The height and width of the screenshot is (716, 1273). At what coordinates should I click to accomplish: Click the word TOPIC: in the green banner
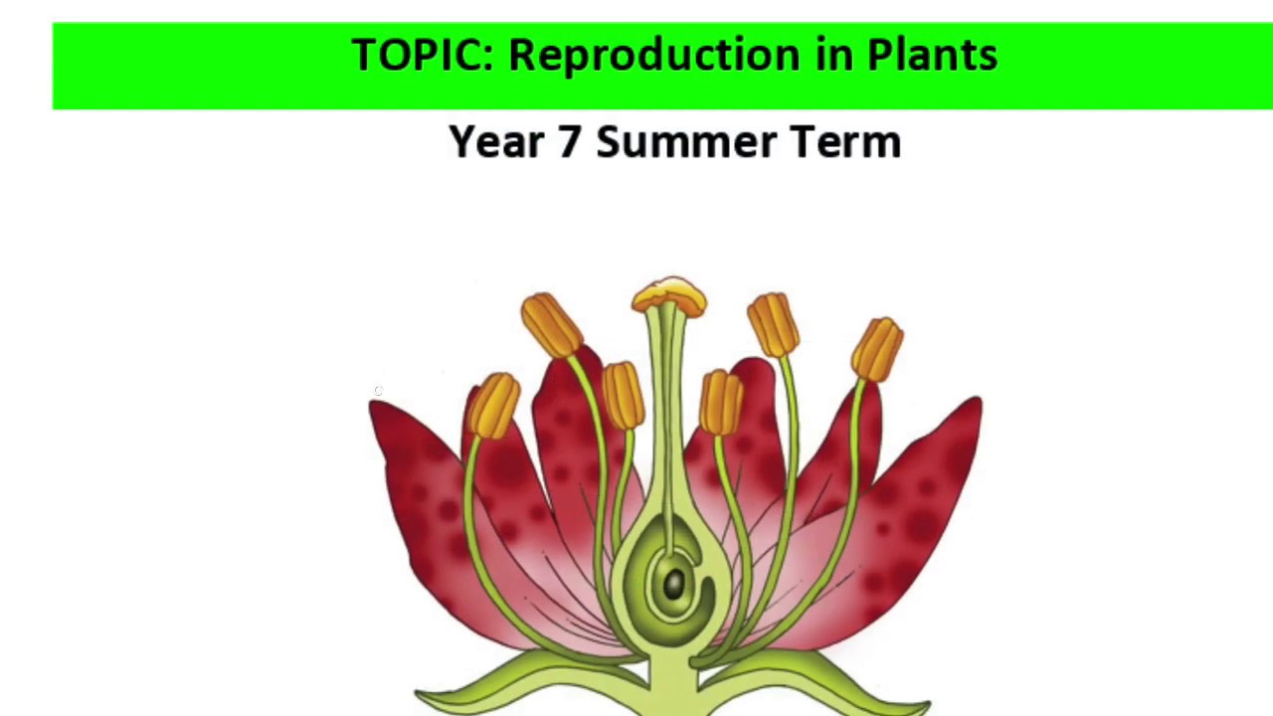[x=422, y=55]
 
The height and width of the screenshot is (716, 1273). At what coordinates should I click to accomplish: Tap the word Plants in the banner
[x=932, y=55]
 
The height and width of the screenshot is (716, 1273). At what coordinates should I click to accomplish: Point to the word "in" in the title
[x=835, y=55]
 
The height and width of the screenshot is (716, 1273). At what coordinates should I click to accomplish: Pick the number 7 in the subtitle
[x=568, y=142]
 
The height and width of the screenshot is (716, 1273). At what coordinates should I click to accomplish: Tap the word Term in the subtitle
[x=845, y=142]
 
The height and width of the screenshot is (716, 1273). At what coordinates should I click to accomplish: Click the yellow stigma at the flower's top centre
[x=669, y=295]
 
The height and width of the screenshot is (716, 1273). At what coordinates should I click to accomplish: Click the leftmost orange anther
[x=494, y=405]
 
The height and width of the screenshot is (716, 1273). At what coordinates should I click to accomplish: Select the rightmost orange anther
[x=877, y=349]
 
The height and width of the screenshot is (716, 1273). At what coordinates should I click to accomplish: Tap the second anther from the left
[x=551, y=324]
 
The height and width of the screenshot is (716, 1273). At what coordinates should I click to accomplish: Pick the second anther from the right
[x=774, y=324]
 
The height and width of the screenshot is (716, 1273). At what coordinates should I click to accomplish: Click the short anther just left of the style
[x=623, y=395]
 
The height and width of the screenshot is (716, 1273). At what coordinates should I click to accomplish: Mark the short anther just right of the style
[x=721, y=402]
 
